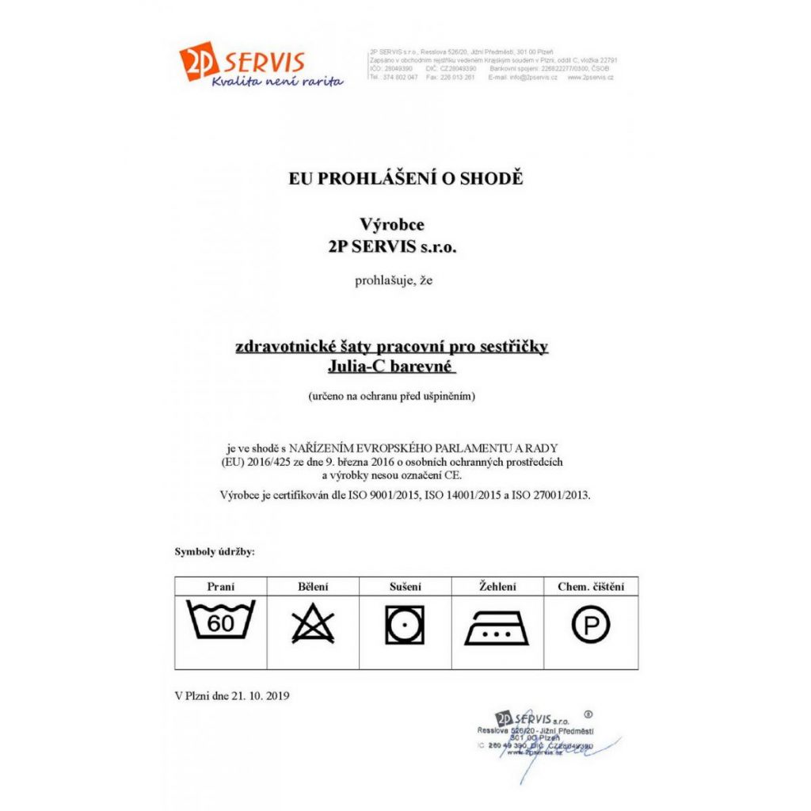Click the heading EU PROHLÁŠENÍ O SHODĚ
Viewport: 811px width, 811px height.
coord(405,178)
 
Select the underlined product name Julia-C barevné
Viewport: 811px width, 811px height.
coord(392,367)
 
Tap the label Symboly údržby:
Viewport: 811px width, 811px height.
coord(215,551)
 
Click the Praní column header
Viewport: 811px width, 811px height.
coord(221,587)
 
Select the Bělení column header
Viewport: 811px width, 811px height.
coord(313,587)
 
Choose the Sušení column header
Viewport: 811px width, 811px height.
coord(405,587)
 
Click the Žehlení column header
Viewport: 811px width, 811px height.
coord(497,587)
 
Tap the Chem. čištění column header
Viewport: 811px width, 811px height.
coord(591,587)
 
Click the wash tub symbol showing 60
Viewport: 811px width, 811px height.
coord(221,623)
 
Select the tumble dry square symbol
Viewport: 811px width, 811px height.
coord(405,626)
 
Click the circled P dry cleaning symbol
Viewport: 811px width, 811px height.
coord(591,626)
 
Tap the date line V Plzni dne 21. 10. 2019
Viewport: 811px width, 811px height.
coord(232,696)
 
